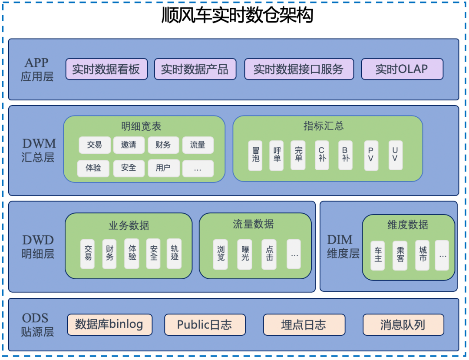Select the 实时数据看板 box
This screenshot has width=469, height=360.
click(106, 69)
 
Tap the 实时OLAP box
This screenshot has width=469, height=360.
click(402, 69)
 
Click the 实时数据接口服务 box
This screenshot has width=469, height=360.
click(299, 69)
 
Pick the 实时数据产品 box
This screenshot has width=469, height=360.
click(195, 69)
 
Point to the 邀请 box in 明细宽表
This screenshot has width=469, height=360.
click(129, 145)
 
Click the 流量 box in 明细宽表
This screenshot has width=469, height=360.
click(198, 145)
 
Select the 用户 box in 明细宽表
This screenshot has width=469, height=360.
click(163, 168)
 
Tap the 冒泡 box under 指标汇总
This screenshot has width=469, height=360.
click(255, 155)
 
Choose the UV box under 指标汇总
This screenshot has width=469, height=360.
click(395, 155)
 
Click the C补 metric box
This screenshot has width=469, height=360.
click(322, 155)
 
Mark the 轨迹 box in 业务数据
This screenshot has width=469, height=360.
click(174, 254)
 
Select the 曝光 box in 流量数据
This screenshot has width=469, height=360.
click(245, 254)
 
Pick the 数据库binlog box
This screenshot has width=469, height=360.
click(109, 325)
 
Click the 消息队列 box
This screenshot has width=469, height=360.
click(403, 325)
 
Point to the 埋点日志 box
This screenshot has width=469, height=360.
click(304, 325)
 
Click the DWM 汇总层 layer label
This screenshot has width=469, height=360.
click(39, 150)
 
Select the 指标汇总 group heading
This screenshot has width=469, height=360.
click(324, 126)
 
